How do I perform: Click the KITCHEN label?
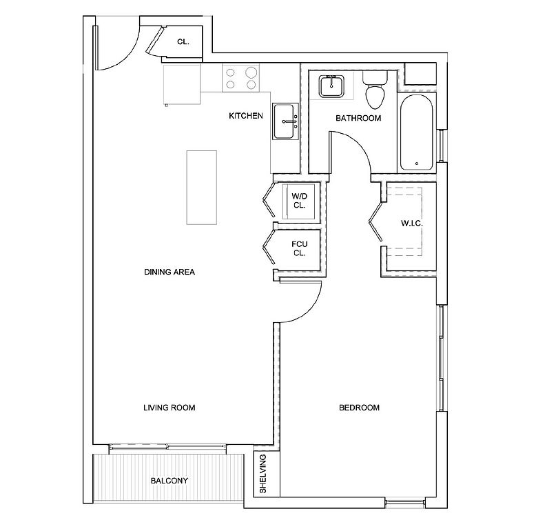246,116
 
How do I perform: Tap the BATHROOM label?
358,118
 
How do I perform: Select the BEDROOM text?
359,408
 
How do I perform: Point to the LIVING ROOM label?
169,408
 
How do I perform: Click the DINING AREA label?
169,272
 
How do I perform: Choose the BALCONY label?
169,481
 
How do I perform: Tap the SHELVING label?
263,474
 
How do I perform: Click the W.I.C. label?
412,223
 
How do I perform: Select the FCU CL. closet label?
300,249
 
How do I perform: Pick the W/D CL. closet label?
300,201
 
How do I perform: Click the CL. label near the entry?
183,42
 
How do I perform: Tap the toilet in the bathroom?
375,88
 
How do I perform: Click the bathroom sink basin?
331,86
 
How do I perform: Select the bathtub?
416,132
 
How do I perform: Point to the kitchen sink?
284,121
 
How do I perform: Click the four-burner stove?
240,78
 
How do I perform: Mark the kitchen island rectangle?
202,188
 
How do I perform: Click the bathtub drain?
417,163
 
